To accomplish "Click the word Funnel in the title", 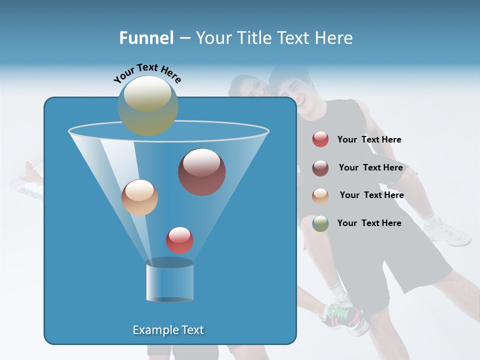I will coord(146,38).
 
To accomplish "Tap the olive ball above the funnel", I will coord(148,105).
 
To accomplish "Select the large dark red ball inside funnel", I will coord(202,172).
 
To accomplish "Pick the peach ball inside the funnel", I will coord(139,197).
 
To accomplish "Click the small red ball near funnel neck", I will coord(180,240).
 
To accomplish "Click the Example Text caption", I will coord(168,330).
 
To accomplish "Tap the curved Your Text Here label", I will coord(147,73).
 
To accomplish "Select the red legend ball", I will coord(320,139).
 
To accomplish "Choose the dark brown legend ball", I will coord(320,167).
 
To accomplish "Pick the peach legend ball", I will coord(320,195).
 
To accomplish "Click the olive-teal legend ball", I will coord(320,223).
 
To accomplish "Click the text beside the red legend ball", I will coord(369,139).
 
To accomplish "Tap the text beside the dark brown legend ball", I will coord(370,167).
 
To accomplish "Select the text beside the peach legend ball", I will coord(371,195).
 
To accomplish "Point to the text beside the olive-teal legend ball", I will coord(369,223).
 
